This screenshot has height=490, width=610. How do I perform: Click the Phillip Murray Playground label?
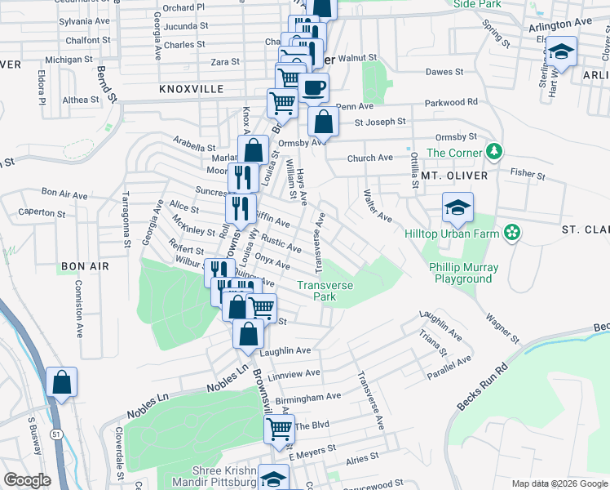click(x=462, y=273)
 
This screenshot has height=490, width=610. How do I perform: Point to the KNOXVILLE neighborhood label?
click(x=191, y=88)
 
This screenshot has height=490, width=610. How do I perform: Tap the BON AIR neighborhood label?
click(x=80, y=267)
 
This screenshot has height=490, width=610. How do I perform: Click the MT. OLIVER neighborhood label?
click(x=454, y=176)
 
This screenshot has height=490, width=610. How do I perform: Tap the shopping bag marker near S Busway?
click(x=62, y=382)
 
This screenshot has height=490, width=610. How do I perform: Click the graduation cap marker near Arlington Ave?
click(x=560, y=54)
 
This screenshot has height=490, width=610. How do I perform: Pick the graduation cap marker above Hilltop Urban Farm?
click(x=458, y=207)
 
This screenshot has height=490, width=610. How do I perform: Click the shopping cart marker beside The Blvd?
click(x=280, y=428)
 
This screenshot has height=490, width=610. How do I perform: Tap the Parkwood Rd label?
click(x=451, y=103)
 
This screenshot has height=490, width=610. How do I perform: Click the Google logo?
click(x=27, y=479)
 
